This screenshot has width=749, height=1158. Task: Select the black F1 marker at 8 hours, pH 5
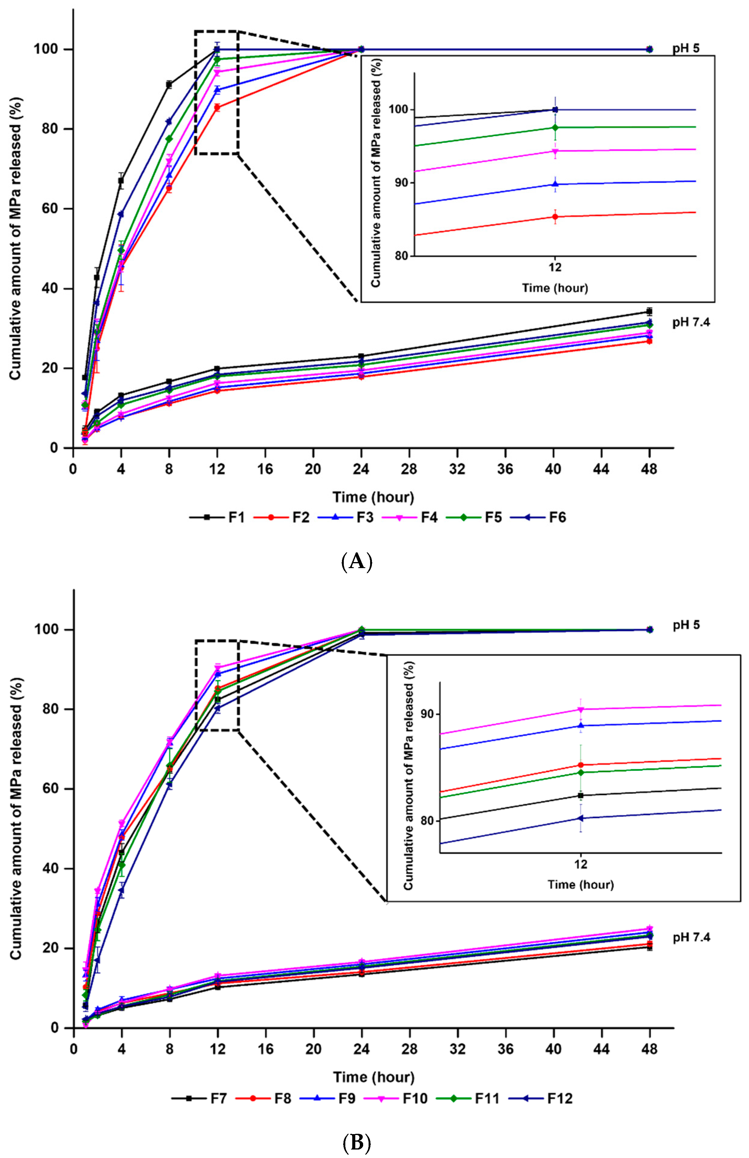169,85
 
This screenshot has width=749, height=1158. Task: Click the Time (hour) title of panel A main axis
373,497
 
